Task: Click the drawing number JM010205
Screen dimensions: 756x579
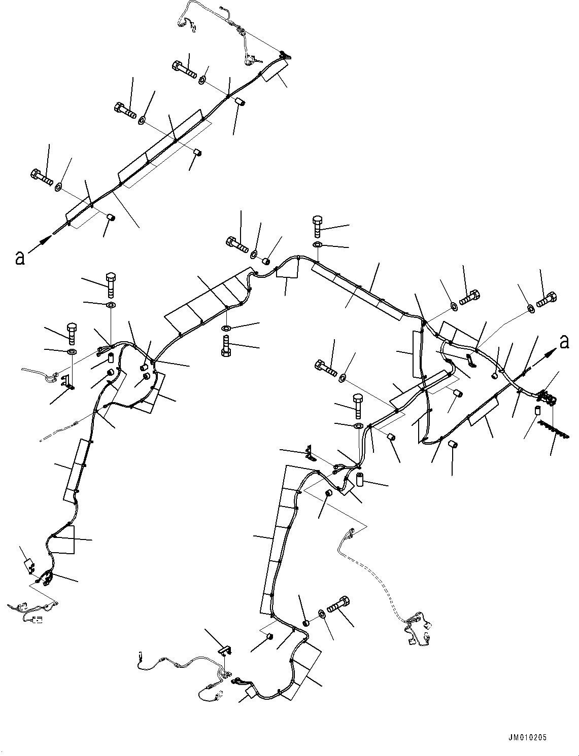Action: [x=527, y=738]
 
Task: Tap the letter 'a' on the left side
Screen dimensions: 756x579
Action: [x=20, y=258]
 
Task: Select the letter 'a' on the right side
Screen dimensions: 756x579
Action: [x=564, y=343]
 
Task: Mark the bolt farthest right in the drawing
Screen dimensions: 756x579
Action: [x=547, y=300]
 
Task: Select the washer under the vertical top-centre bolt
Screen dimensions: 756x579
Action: [x=317, y=245]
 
